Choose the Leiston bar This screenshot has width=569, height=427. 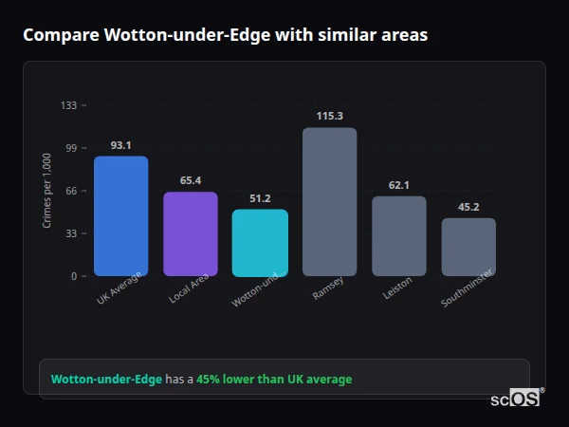[398, 236]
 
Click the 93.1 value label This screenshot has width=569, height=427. [120, 145]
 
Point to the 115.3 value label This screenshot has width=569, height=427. [329, 116]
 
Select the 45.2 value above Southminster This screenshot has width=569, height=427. [468, 207]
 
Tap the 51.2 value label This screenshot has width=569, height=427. [260, 198]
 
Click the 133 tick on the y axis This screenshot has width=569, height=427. [68, 105]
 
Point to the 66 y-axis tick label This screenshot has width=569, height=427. [71, 191]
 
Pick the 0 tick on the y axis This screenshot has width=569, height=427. [74, 276]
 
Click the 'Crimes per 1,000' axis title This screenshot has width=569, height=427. [47, 190]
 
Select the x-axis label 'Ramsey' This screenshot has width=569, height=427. [328, 288]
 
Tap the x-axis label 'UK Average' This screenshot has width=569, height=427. [119, 288]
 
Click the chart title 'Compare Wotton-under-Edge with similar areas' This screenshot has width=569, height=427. [225, 35]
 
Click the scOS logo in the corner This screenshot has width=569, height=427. [516, 399]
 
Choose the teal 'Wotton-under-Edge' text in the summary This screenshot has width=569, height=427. [106, 380]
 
